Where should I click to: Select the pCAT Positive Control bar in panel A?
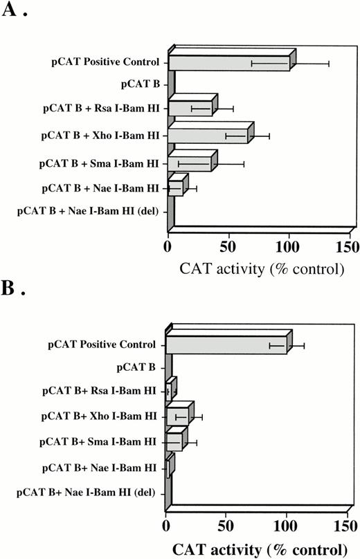point(228,63)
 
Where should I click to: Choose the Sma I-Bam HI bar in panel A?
point(189,164)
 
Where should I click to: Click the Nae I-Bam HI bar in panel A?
point(175,187)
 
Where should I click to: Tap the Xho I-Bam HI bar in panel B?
point(177,417)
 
